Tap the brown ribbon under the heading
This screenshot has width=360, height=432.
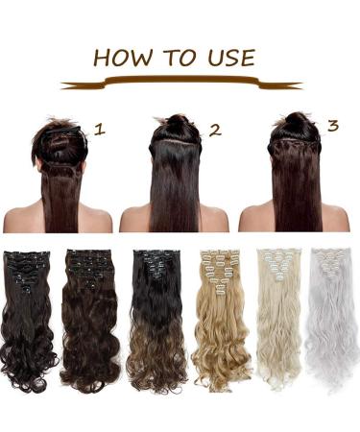coord(180,84)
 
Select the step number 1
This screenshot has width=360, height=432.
coord(99,126)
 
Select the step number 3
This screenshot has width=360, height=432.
coord(332,124)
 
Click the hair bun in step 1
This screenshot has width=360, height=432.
coord(64,132)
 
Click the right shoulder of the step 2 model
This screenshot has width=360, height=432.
coord(213,220)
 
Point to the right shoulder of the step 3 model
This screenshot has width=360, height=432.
coord(330,220)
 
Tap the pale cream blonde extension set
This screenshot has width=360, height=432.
coord(278,317)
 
